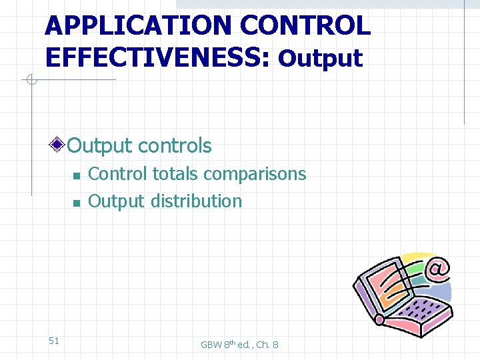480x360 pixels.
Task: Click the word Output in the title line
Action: (x=321, y=59)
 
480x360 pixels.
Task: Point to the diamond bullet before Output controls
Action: (x=59, y=145)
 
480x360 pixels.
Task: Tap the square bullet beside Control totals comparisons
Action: (x=77, y=175)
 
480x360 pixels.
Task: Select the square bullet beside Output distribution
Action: (x=77, y=202)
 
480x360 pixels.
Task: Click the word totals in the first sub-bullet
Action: (x=175, y=174)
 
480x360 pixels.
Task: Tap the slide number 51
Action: (x=54, y=341)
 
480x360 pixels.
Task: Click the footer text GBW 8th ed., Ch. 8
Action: (x=239, y=344)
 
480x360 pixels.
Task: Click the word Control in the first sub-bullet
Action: (x=118, y=174)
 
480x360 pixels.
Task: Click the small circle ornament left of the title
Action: (x=30, y=81)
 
